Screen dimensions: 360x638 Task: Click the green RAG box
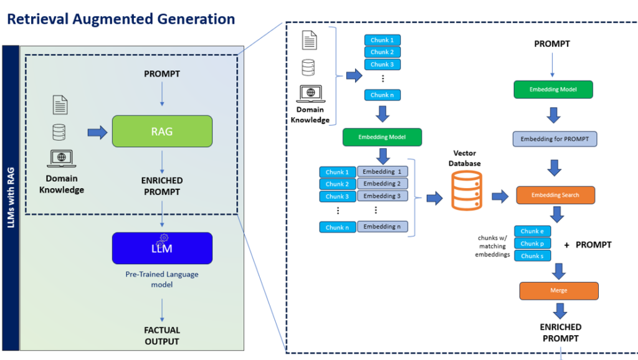162,131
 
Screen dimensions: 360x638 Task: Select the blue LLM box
162,248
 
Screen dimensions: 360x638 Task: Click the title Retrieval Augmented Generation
121,19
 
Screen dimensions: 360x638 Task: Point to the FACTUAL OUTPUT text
162,336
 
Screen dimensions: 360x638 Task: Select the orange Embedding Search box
555,196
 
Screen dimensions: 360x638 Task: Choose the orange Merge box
558,291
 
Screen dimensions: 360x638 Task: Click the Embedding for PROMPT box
555,139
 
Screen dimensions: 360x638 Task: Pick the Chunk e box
532,231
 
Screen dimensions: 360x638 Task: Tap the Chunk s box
532,255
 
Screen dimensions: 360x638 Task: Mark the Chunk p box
532,244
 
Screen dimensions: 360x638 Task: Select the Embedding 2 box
382,184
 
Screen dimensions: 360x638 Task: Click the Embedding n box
382,227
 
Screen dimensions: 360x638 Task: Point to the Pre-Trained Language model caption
162,279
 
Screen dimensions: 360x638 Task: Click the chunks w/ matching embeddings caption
492,246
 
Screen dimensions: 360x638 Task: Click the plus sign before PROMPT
566,245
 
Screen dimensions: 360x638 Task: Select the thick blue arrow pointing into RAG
97,132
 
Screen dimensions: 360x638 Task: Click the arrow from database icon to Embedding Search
500,197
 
